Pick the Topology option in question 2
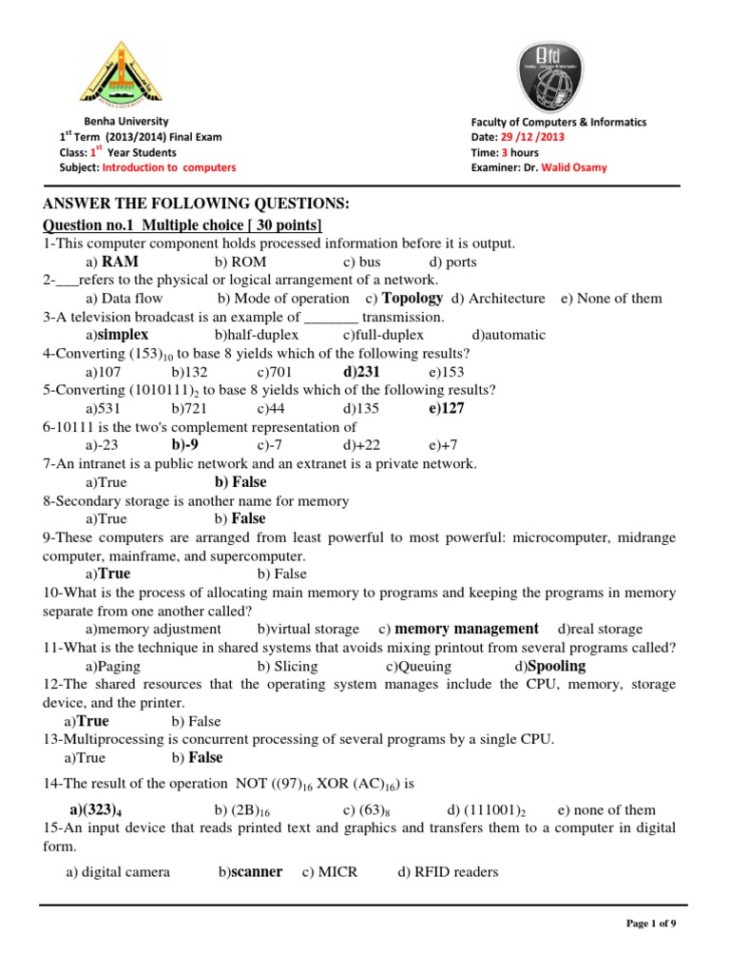(x=412, y=298)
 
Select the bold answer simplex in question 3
(x=123, y=335)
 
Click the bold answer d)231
(x=361, y=372)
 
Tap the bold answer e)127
(x=446, y=408)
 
